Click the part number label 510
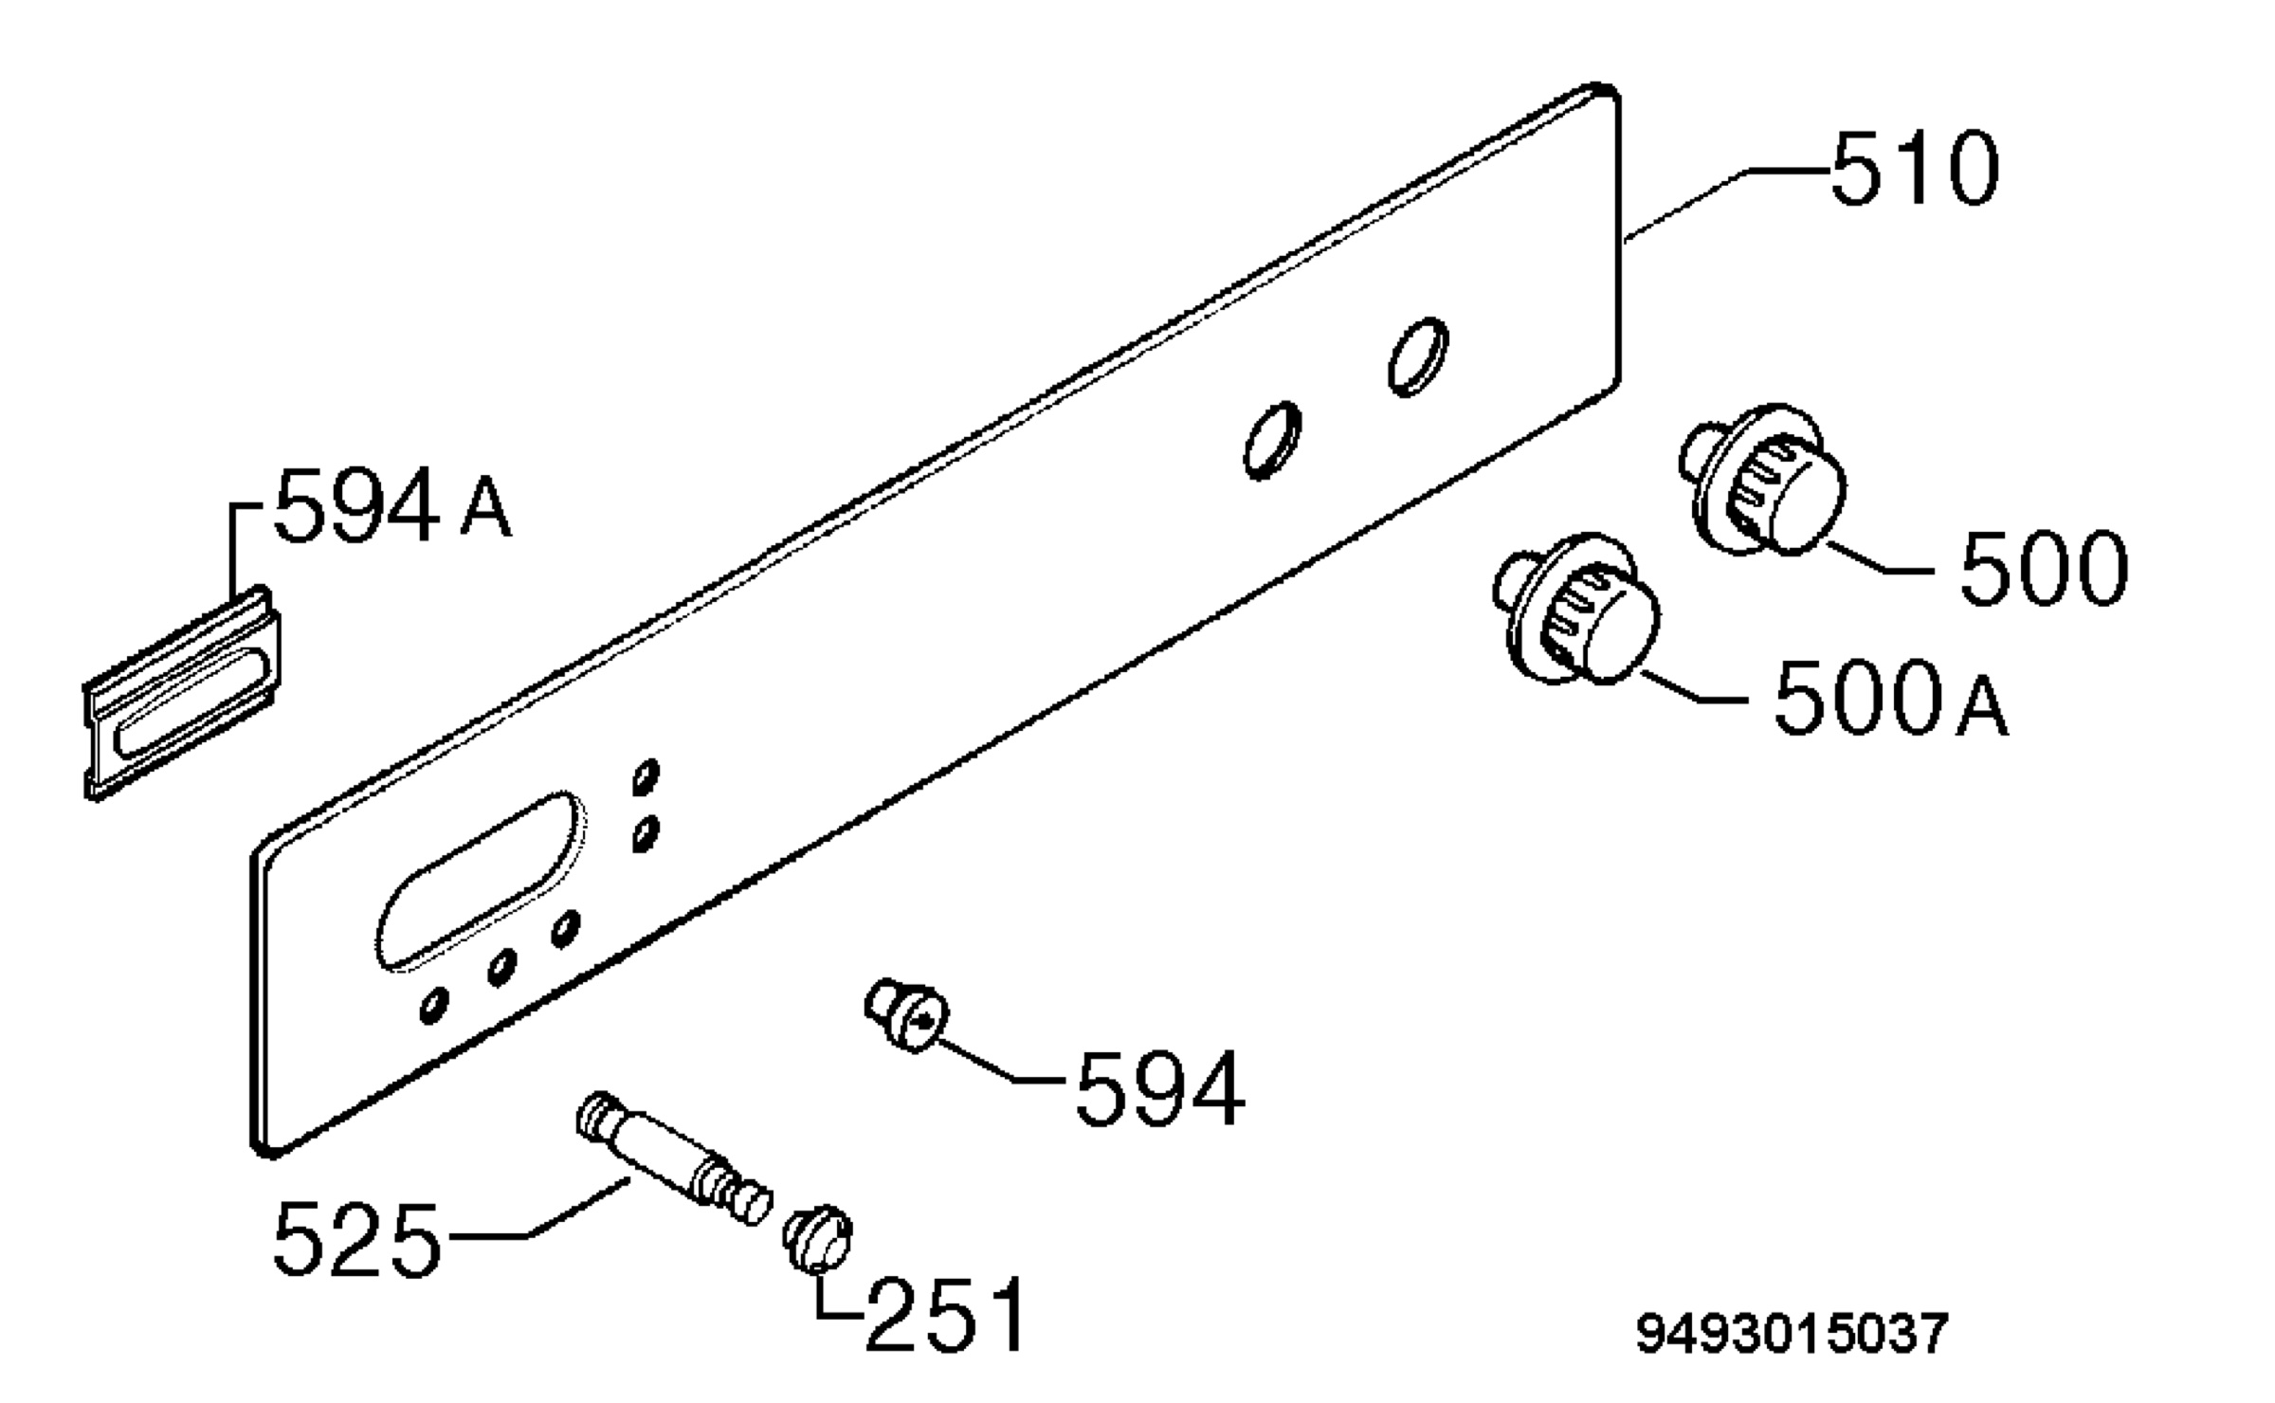[1915, 169]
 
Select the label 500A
[1890, 698]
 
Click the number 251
[946, 1314]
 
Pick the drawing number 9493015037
[1792, 1333]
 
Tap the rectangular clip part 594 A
[183, 694]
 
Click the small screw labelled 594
[906, 1014]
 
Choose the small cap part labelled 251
[817, 1240]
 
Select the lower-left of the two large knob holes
[1272, 440]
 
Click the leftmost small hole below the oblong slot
[434, 1006]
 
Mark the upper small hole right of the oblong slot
[646, 777]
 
